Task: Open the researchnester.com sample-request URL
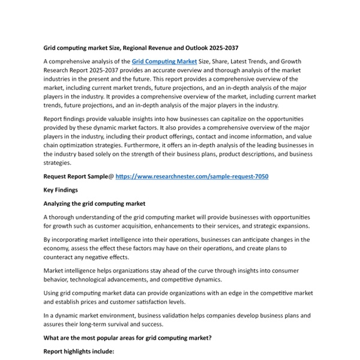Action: coord(192,176)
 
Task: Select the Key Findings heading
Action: coord(61,190)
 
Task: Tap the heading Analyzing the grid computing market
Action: coord(94,204)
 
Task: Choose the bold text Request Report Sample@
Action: coord(78,176)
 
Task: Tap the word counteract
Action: coord(60,257)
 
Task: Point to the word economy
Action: coord(58,248)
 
